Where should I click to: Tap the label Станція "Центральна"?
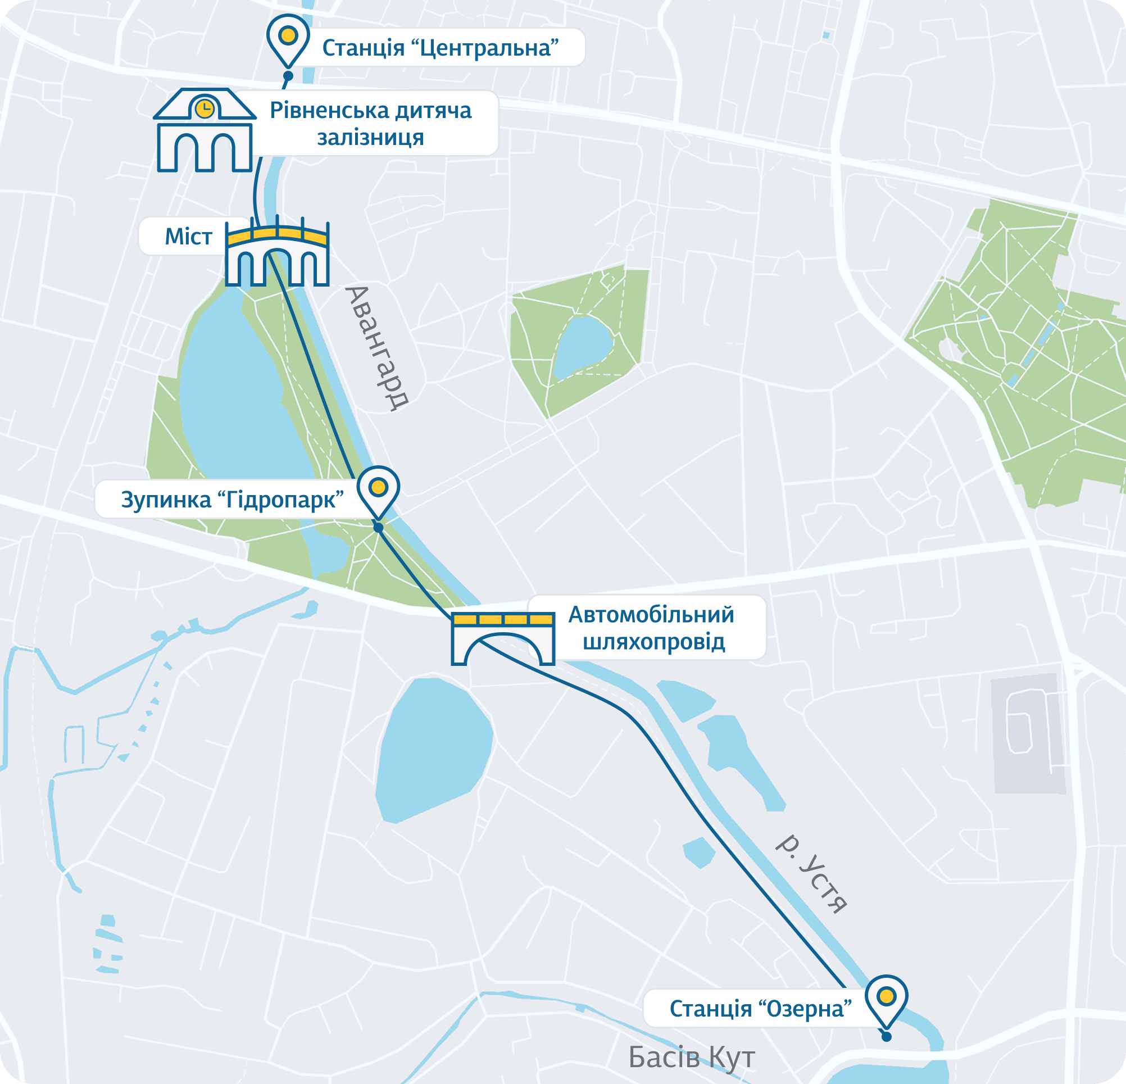click(440, 48)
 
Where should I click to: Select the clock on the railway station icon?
click(205, 108)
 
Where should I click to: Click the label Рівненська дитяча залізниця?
click(370, 124)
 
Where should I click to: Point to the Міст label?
click(188, 237)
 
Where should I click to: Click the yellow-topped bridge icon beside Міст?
click(277, 253)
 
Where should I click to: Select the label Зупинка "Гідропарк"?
click(232, 500)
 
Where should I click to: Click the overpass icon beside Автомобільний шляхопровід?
click(503, 638)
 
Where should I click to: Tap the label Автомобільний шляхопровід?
click(650, 628)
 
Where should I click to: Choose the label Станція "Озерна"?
click(760, 1009)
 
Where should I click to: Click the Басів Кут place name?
click(691, 1057)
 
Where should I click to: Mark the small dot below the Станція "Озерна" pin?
click(887, 1037)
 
